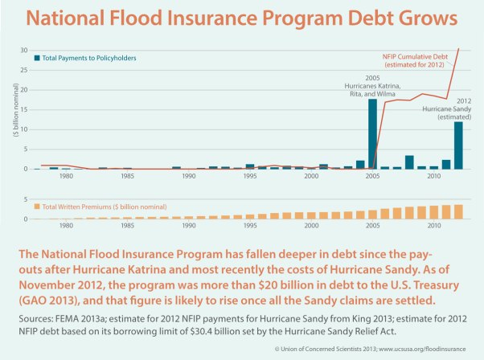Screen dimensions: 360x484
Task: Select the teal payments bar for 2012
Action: pos(458,145)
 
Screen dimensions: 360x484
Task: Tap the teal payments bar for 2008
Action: pos(409,162)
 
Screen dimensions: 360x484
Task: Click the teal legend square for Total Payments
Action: pos(37,58)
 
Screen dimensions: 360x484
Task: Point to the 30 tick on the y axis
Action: pos(23,51)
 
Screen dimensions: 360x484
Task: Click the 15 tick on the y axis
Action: pos(23,110)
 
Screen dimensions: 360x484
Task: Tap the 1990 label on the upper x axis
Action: pos(188,177)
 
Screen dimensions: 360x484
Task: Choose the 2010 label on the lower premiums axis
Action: pos(433,227)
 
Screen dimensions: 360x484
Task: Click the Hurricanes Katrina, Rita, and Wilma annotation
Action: pos(372,86)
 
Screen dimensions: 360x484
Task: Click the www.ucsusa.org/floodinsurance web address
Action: pos(423,351)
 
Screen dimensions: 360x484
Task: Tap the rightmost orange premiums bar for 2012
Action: pos(458,211)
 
